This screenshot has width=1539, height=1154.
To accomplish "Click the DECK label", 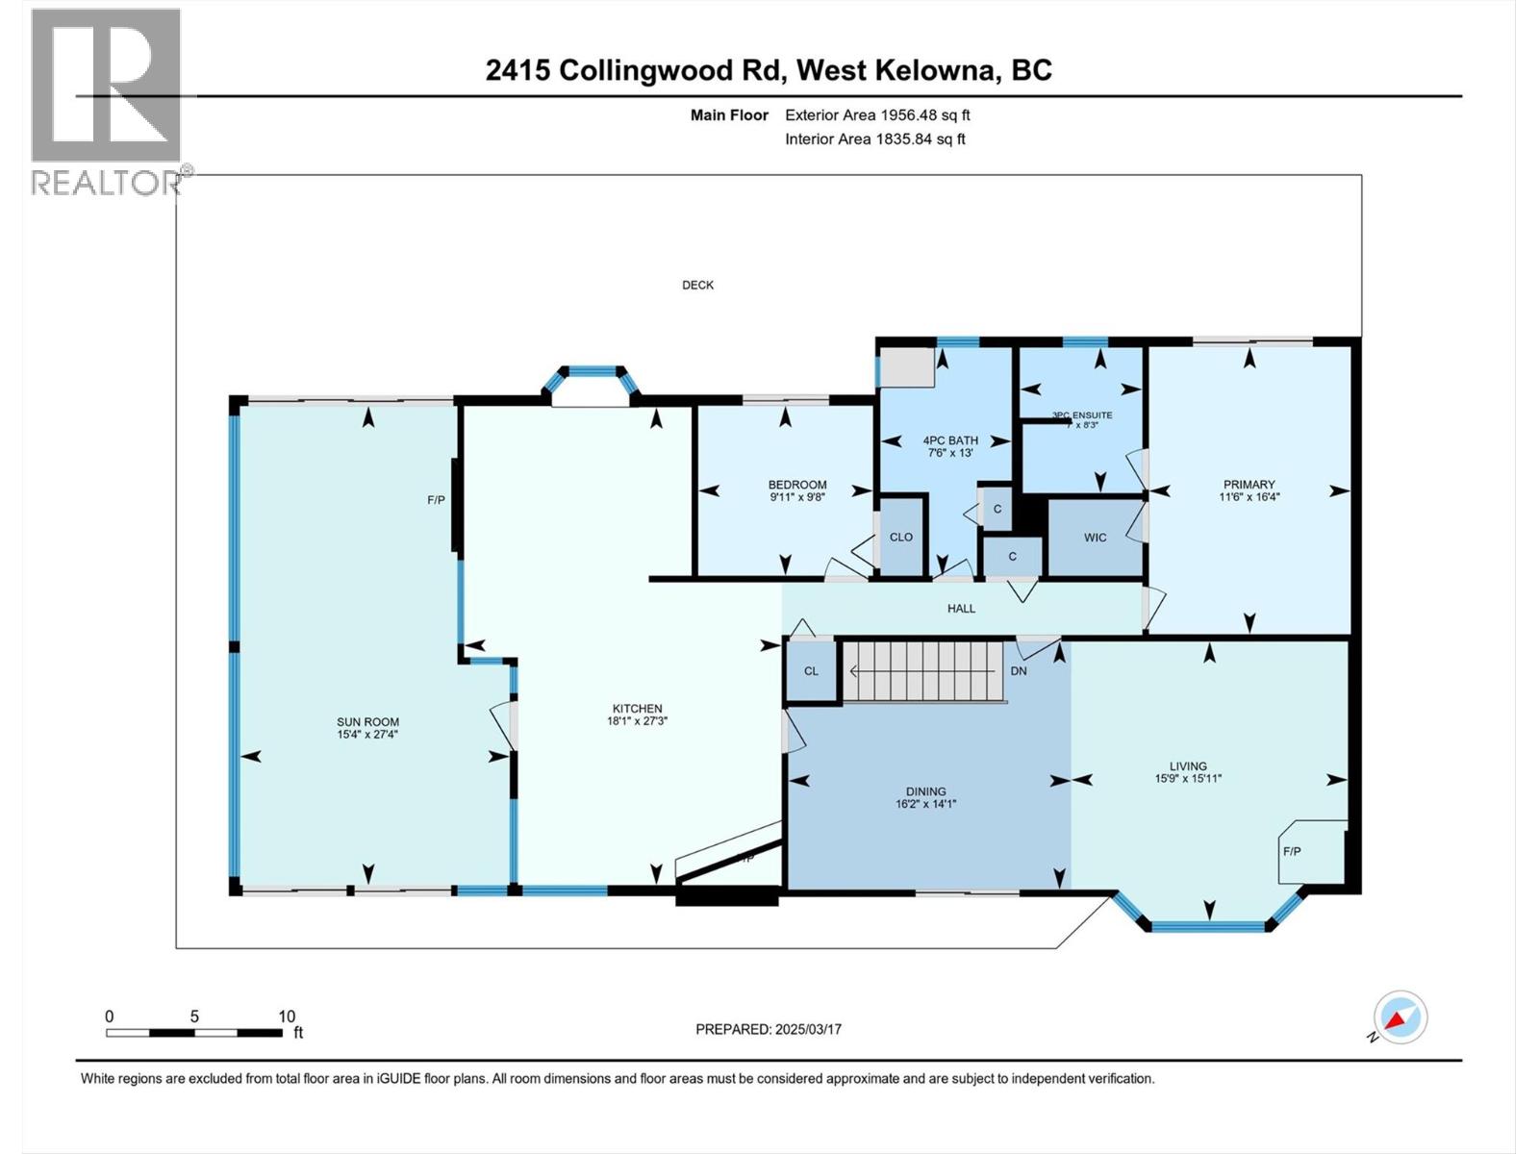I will [697, 285].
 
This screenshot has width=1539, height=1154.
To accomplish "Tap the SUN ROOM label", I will [367, 722].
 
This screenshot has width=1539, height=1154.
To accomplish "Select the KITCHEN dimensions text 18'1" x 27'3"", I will [637, 720].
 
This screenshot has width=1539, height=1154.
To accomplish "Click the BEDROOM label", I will [796, 485].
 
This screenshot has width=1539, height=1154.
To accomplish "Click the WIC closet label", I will [1095, 538].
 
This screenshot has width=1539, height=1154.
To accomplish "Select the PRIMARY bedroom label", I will [1249, 485].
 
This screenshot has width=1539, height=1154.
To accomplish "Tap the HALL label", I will [961, 609].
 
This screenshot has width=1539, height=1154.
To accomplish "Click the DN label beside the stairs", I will [1019, 671].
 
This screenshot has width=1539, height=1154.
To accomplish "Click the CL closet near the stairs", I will [811, 671].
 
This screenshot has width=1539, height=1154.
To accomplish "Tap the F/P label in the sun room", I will [436, 500].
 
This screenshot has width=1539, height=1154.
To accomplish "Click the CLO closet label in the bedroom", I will [900, 538].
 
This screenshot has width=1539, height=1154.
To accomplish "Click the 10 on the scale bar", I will [287, 1016].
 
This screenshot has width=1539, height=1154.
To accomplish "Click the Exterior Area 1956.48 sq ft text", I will [877, 115].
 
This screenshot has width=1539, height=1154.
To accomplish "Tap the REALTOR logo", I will [106, 101].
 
